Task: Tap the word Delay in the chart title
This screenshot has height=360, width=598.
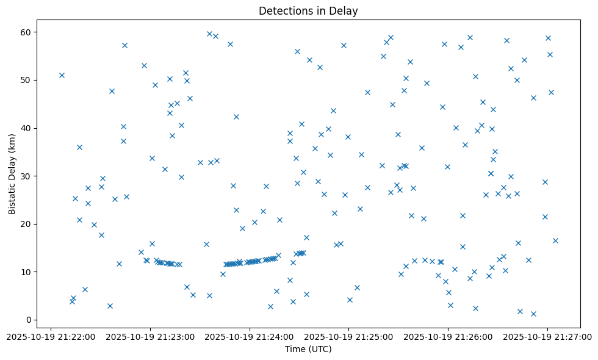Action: point(345,11)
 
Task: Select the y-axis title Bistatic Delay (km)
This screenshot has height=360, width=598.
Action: point(12,174)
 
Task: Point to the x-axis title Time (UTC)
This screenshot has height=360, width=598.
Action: point(308,349)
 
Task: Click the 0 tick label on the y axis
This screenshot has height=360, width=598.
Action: point(28,320)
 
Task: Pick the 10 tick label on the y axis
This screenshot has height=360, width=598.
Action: point(26,272)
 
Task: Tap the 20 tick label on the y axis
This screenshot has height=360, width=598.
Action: point(26,224)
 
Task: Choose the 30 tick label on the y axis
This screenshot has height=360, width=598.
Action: point(26,176)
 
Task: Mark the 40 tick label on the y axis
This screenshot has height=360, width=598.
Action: point(26,128)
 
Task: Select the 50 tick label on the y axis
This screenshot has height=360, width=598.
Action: point(26,80)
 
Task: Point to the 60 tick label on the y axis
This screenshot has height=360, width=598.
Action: point(26,32)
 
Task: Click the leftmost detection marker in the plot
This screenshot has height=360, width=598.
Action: point(62,75)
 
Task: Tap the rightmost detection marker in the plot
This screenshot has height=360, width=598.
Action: point(555,240)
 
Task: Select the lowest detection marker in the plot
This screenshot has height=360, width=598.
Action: point(533,314)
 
